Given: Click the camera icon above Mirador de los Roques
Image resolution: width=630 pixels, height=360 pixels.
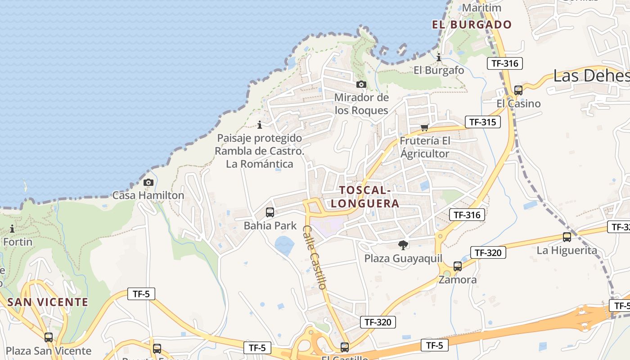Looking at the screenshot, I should (x=361, y=84).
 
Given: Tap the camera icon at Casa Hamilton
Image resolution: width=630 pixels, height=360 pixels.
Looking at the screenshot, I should (x=148, y=182).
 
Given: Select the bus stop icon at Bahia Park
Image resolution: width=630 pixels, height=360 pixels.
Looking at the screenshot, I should (x=270, y=212).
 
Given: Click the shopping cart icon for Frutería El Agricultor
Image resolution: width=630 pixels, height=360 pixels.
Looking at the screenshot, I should (x=424, y=127).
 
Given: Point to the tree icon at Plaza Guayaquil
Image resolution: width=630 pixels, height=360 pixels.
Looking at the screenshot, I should (x=403, y=245).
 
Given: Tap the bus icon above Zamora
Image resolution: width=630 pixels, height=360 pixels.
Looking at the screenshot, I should (x=458, y=266).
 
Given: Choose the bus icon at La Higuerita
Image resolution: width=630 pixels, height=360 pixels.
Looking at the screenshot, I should (x=567, y=237).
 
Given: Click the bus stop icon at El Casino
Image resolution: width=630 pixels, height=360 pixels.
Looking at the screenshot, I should (x=518, y=90).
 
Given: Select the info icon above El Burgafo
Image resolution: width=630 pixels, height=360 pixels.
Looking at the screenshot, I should (x=439, y=57).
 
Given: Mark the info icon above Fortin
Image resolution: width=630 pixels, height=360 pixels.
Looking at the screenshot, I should (x=12, y=229).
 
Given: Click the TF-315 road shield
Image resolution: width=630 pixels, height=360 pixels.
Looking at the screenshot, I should (x=482, y=122).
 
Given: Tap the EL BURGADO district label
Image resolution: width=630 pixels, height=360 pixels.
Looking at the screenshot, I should (x=472, y=25).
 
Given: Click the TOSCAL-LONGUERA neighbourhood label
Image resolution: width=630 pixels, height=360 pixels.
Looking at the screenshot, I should (x=365, y=197).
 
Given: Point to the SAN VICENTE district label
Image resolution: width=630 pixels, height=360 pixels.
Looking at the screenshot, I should (x=48, y=302).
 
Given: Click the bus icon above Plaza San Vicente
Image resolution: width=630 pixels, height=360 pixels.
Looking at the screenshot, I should (x=49, y=337).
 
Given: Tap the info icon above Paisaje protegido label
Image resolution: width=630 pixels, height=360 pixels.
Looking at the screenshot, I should (x=260, y=125).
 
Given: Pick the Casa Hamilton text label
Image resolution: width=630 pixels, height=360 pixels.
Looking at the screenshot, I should (x=148, y=195).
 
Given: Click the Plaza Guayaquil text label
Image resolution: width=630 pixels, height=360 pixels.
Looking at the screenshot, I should (x=403, y=259).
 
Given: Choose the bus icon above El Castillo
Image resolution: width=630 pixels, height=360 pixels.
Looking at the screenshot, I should (x=345, y=347).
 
